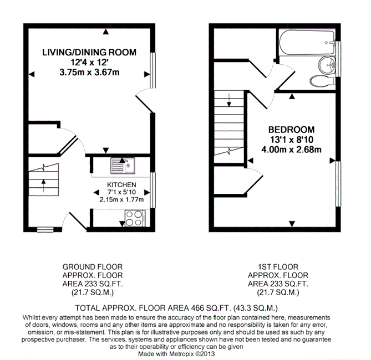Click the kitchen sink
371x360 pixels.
pyautogui.click(x=123, y=166)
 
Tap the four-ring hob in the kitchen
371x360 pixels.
pyautogui.click(x=135, y=218)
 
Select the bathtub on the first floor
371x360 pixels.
pyautogui.click(x=307, y=43)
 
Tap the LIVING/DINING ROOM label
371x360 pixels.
pyautogui.click(x=89, y=52)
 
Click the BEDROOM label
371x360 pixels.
pyautogui.click(x=292, y=130)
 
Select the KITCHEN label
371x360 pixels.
pyautogui.click(x=121, y=184)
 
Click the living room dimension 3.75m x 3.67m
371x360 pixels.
pyautogui.click(x=89, y=73)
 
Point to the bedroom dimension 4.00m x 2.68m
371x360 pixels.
pyautogui.click(x=292, y=150)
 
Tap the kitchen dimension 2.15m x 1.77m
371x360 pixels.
pyautogui.click(x=121, y=200)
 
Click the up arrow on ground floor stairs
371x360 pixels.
pyautogui.click(x=44, y=186)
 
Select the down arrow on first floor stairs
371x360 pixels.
pyautogui.click(x=229, y=100)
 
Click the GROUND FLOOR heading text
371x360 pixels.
pyautogui.click(x=93, y=267)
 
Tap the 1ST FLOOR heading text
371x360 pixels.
pyautogui.click(x=278, y=267)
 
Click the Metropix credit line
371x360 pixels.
pyautogui.click(x=176, y=354)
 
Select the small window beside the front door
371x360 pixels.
pyautogui.click(x=45, y=229)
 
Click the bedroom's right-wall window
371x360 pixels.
pyautogui.click(x=339, y=184)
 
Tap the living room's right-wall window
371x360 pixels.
pyautogui.click(x=153, y=70)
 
